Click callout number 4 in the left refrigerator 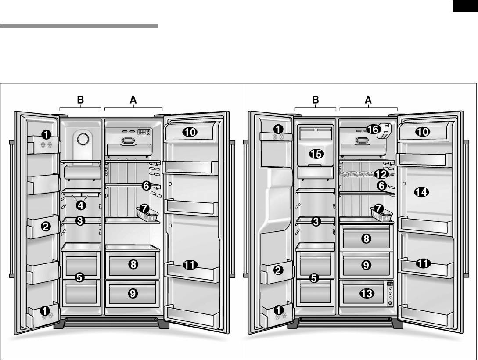[80, 204]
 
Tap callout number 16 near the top [373, 129]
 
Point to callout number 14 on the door [422, 192]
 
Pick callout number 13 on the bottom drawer [366, 293]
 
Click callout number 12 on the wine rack [381, 174]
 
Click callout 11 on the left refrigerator [190, 265]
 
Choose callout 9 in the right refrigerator [366, 265]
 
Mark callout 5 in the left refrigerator [79, 277]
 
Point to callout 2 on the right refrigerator [278, 270]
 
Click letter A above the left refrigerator [133, 100]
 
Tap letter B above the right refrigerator [315, 100]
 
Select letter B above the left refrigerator [80, 100]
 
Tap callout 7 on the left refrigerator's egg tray [146, 209]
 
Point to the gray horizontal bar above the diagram [79, 26]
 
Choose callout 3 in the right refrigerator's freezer [316, 221]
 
